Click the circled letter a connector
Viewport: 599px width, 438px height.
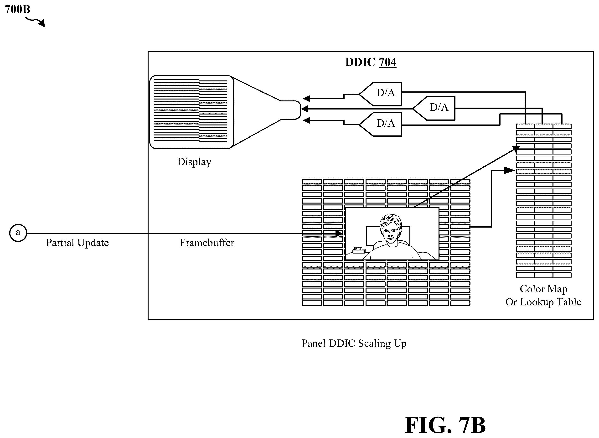[18, 233]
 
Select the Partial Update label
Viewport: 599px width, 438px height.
[77, 243]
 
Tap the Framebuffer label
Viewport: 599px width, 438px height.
[207, 243]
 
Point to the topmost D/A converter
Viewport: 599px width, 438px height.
[381, 94]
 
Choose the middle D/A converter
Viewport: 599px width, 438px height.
[434, 109]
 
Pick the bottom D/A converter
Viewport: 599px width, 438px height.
[381, 124]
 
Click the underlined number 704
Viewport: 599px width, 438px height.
[387, 62]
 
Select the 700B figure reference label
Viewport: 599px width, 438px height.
[17, 10]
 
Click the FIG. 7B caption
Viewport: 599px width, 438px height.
[445, 425]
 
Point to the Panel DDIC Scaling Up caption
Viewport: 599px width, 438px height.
[354, 343]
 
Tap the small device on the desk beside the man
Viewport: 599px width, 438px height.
[359, 250]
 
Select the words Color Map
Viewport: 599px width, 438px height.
[543, 289]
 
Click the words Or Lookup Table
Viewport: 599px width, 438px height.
[543, 302]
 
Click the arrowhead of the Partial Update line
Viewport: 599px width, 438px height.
[339, 234]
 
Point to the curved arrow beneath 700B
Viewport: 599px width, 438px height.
[35, 22]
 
